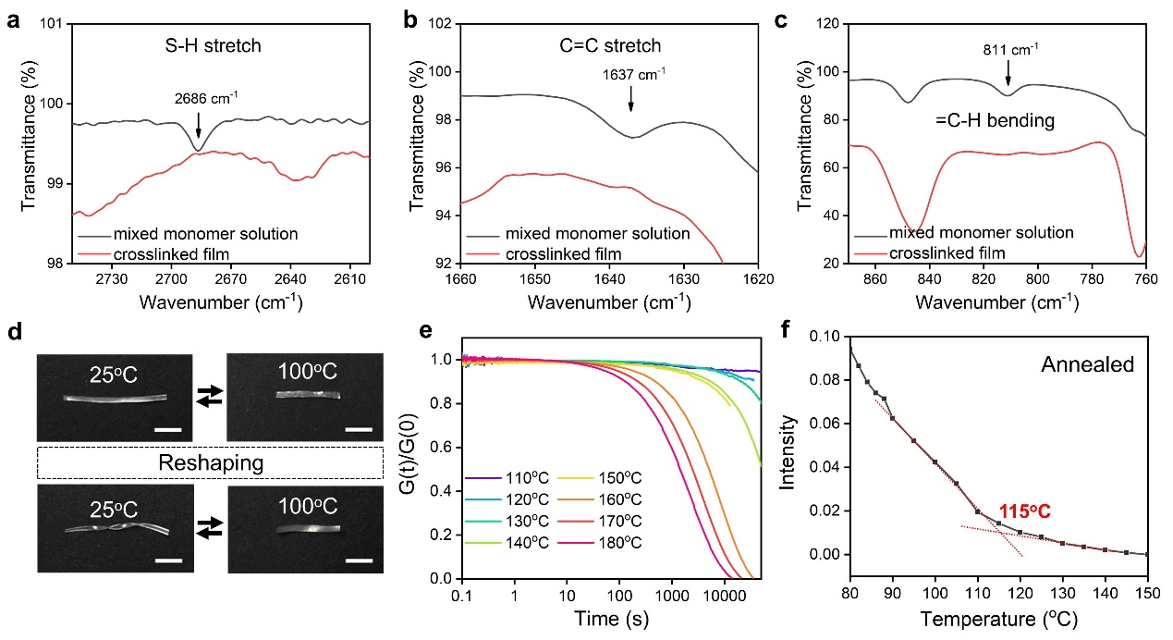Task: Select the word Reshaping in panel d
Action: coord(210,462)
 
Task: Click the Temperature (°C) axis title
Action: coord(998,620)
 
